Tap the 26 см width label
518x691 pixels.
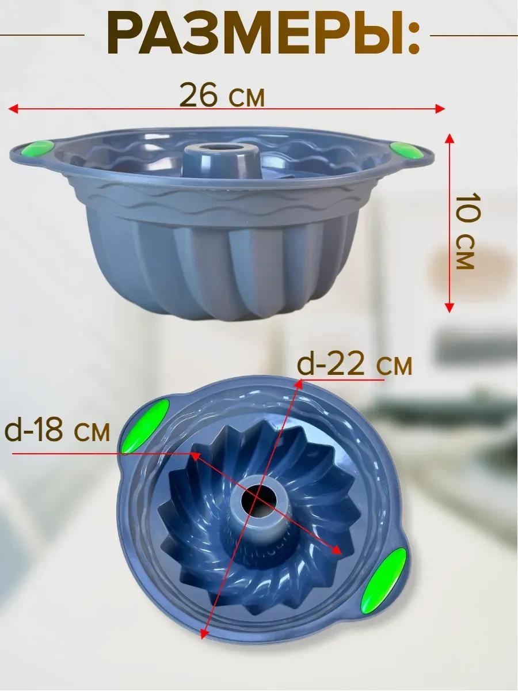coord(222,94)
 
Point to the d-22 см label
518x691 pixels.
coord(354,366)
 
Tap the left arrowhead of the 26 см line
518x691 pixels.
coord(13,109)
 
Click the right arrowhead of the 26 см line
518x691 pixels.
coord(440,109)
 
